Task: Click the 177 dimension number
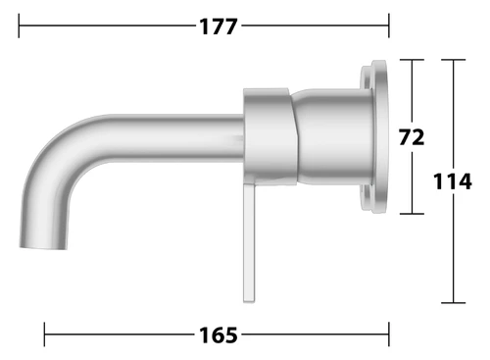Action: (219, 26)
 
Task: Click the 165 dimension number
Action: (219, 335)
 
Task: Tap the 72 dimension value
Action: (412, 137)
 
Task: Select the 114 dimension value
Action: (453, 181)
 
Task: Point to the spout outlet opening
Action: (43, 246)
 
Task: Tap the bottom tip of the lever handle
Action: (249, 301)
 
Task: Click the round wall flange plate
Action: (374, 136)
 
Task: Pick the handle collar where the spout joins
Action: (270, 136)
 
